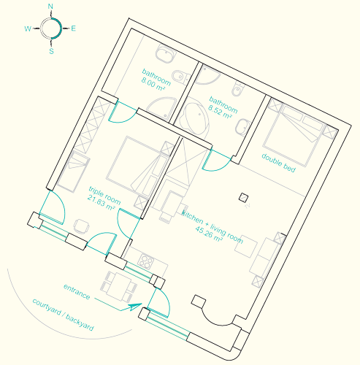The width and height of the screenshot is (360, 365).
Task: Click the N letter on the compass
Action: (x=50, y=7)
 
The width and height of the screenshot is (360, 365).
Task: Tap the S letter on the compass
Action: (x=51, y=51)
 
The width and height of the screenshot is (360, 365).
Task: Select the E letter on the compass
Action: (x=73, y=28)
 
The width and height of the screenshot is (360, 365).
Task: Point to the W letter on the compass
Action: (x=28, y=28)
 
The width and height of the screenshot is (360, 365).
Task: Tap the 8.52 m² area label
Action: (x=220, y=112)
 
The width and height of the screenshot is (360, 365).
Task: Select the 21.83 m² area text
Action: (x=101, y=203)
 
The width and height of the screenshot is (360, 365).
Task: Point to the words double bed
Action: (x=279, y=163)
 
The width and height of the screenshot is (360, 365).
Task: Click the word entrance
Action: (x=77, y=291)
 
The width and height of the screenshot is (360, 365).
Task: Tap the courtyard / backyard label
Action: (x=63, y=315)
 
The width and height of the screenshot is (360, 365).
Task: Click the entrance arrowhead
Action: (x=135, y=307)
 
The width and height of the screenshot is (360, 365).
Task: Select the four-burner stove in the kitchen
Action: (x=146, y=261)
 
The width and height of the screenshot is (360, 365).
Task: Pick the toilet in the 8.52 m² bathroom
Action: (x=237, y=89)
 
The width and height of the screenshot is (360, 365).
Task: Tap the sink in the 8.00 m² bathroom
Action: (x=165, y=54)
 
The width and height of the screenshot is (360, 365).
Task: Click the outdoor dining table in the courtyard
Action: (x=119, y=286)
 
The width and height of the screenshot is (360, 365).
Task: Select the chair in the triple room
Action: (x=82, y=226)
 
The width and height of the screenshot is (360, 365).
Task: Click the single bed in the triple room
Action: (x=73, y=172)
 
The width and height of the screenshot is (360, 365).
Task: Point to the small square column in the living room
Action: (x=243, y=197)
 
